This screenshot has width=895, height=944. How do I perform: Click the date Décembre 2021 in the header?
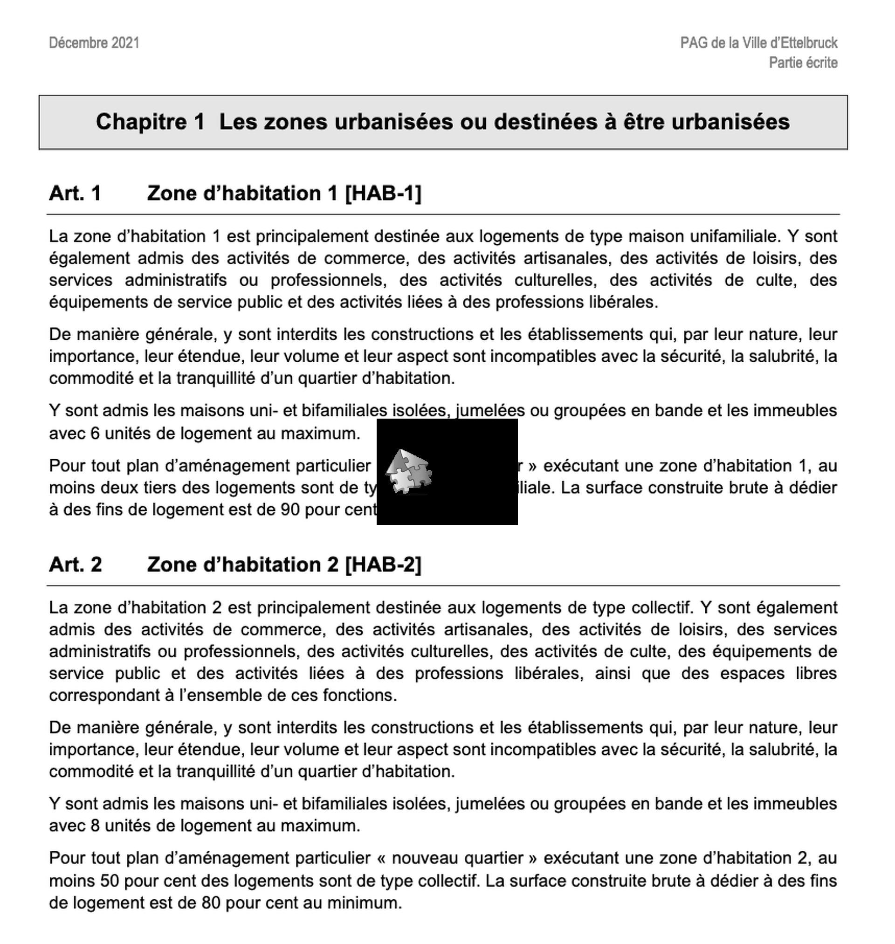94,43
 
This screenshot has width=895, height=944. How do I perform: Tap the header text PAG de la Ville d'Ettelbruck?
758,43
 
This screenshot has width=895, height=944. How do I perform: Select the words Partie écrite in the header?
802,62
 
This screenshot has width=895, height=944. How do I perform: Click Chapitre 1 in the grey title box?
150,122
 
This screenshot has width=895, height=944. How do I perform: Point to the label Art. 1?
75,193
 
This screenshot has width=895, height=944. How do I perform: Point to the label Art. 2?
76,564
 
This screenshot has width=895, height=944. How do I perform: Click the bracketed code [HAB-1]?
383,193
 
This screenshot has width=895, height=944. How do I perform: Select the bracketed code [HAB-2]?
383,564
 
